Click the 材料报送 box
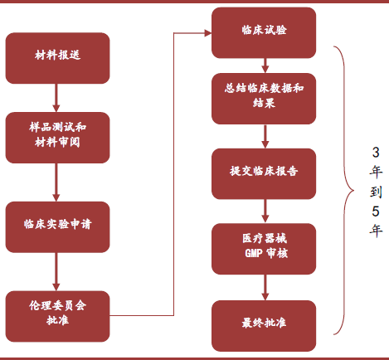tap(57, 58)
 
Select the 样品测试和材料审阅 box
tap(57, 138)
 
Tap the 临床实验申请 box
tap(57, 227)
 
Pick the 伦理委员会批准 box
tap(57, 316)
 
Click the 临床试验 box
tap(264, 32)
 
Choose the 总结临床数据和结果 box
tap(264, 99)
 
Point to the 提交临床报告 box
tap(264, 173)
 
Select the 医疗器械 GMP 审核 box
tap(264, 249)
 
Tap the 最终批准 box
tap(264, 326)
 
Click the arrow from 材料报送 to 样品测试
tap(56, 98)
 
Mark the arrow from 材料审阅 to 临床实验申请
tap(56, 182)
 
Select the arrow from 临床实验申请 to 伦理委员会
tap(56, 272)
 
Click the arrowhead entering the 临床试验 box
tap(208, 33)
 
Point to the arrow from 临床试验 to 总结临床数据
tap(265, 66)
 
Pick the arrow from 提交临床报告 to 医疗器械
tap(265, 212)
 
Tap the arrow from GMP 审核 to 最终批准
tap(265, 287)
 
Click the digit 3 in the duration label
tap(376, 153)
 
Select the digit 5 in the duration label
tap(376, 212)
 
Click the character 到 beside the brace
tap(376, 192)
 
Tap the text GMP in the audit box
tap(254, 253)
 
